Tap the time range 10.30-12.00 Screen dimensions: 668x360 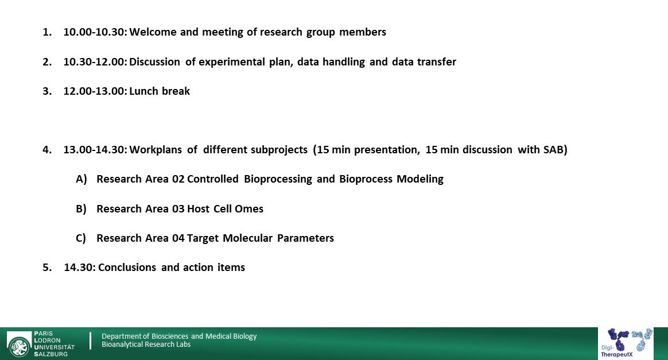[x=95, y=62]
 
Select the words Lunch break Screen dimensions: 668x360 [x=160, y=91]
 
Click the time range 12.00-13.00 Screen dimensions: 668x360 [x=95, y=91]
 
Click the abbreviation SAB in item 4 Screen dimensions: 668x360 [x=553, y=150]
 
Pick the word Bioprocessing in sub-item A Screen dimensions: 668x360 [x=278, y=179]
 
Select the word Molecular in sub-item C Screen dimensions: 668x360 [x=247, y=238]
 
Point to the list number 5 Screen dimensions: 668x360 [x=47, y=268]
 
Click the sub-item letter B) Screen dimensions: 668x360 [x=81, y=209]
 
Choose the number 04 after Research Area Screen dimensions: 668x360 [x=178, y=238]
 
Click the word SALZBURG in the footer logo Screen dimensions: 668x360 [x=51, y=354]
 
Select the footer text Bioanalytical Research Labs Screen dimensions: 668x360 [x=146, y=344]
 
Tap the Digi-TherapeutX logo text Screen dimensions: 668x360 [x=617, y=351]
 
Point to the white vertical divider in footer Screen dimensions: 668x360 [x=90, y=341]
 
